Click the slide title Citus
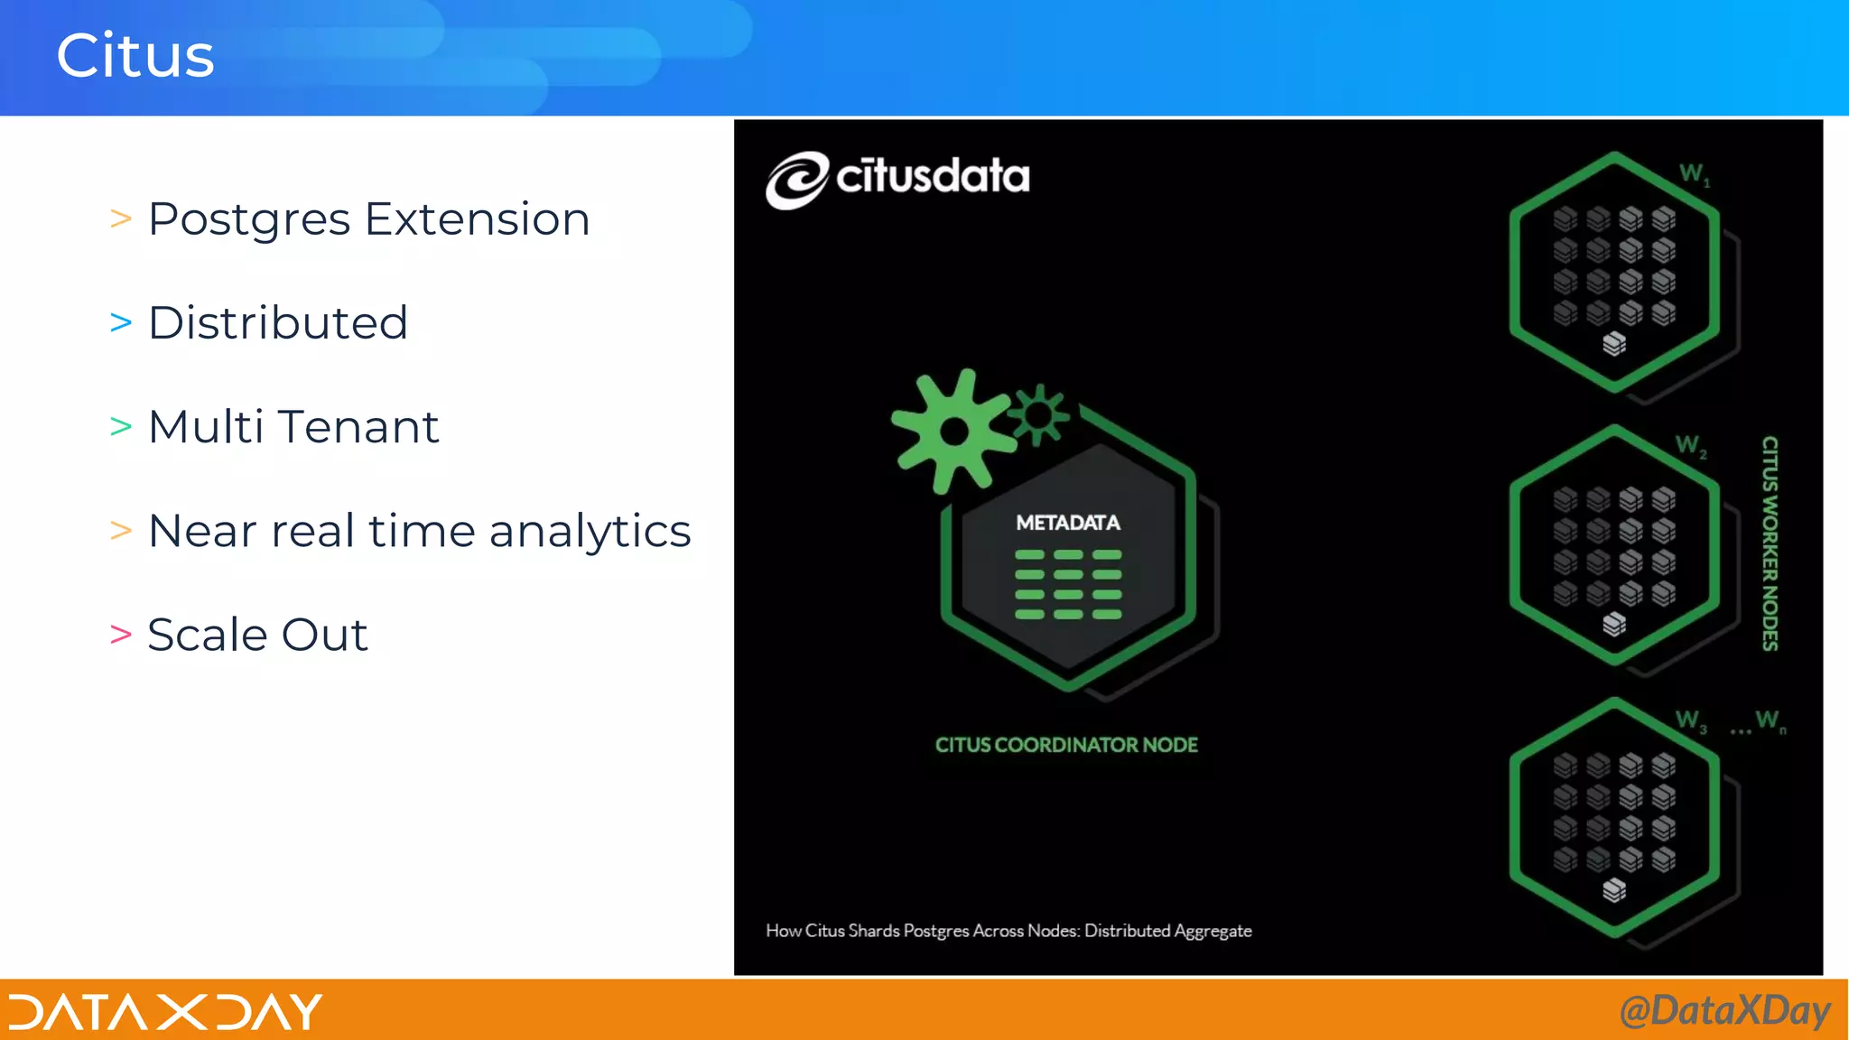(135, 56)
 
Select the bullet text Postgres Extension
(368, 219)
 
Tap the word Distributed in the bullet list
(278, 323)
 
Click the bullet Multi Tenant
(293, 427)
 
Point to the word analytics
(590, 531)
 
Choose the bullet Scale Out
(257, 635)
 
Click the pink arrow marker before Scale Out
(121, 635)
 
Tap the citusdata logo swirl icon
(796, 181)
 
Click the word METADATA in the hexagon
(1068, 523)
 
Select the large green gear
(952, 432)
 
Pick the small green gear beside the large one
(1038, 415)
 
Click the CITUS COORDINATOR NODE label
(1066, 745)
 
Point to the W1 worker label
(1694, 173)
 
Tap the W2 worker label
(1691, 445)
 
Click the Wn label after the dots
(1770, 720)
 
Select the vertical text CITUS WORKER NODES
(1770, 543)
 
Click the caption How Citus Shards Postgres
(1008, 931)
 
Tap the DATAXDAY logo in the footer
(165, 1012)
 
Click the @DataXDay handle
(1724, 1011)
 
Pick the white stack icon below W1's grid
(1614, 344)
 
